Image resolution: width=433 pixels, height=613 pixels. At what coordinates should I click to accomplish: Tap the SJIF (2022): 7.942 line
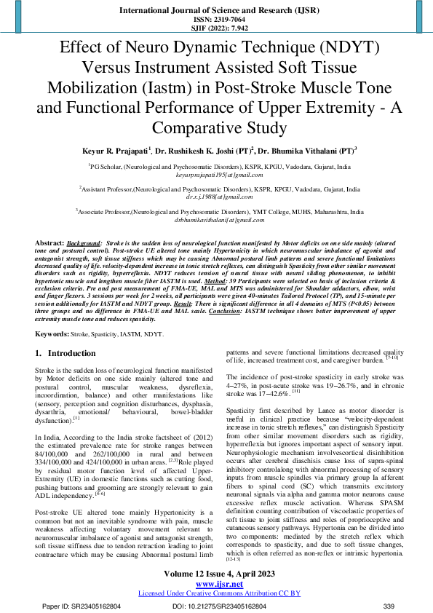pyautogui.click(x=216, y=28)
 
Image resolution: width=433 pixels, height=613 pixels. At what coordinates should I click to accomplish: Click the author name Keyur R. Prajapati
pyautogui.click(x=117, y=151)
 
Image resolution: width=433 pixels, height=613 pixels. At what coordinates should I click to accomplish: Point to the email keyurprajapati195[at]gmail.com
pyautogui.click(x=216, y=175)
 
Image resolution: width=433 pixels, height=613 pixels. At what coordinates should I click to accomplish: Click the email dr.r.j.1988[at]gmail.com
pyautogui.click(x=216, y=197)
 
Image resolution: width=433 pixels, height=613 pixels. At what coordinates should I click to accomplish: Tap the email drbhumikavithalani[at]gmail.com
pyautogui.click(x=216, y=219)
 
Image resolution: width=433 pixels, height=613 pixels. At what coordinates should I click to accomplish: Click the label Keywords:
pyautogui.click(x=54, y=333)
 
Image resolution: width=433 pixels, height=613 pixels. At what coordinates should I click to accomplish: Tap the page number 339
pyautogui.click(x=388, y=606)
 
